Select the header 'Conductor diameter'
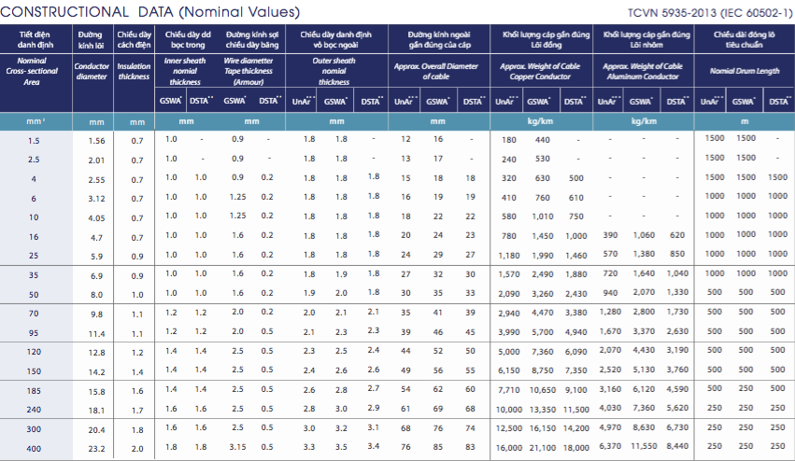[x=92, y=71]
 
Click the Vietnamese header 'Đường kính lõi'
[x=92, y=38]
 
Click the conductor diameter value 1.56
[x=95, y=141]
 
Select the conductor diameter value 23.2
[x=97, y=449]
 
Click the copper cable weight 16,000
[x=509, y=449]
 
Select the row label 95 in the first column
[x=34, y=332]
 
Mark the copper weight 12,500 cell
[x=509, y=428]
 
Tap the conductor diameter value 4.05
[x=95, y=217]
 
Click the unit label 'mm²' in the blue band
[x=35, y=121]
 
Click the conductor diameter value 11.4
[x=97, y=332]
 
